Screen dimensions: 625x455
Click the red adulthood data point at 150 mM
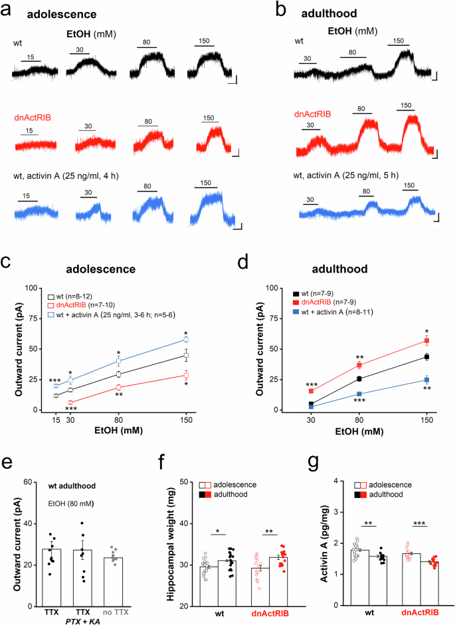click(427, 340)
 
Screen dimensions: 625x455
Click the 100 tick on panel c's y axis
click(29, 288)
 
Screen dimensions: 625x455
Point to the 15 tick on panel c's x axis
click(56, 420)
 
